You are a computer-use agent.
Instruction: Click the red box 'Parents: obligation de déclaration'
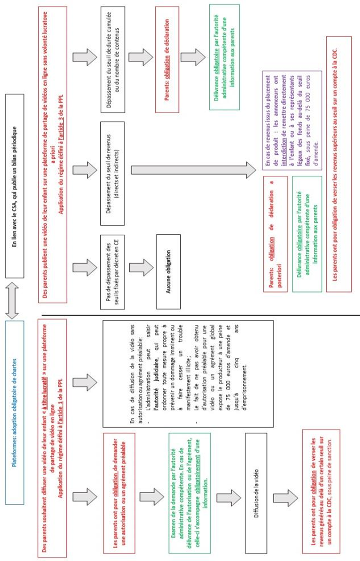(x=167, y=60)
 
